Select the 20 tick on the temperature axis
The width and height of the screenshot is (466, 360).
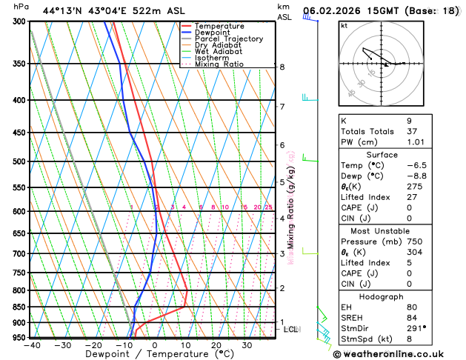point(216,345)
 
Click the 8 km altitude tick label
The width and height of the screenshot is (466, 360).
point(282,67)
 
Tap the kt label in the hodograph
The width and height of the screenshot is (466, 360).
point(344,26)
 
